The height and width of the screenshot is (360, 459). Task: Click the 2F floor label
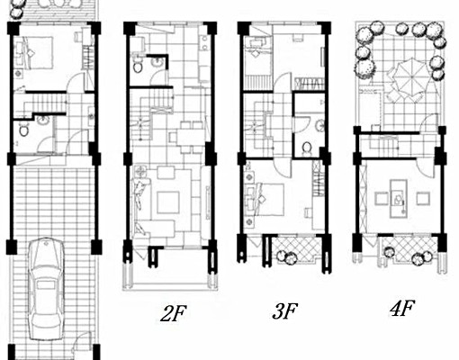174,313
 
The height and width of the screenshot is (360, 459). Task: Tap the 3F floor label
285,311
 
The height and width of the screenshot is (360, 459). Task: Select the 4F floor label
402,308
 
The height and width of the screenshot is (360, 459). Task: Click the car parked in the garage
47,289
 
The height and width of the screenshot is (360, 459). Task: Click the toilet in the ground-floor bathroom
22,130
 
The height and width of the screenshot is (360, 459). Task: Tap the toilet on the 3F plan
307,148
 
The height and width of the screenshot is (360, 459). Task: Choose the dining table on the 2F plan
189,137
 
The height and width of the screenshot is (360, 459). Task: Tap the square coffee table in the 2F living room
168,202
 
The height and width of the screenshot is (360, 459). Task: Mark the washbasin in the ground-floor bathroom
43,121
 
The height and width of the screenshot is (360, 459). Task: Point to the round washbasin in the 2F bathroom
157,62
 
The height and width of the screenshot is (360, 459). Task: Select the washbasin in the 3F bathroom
319,125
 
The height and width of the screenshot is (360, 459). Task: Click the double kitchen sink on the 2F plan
204,43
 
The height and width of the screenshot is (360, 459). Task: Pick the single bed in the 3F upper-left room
257,62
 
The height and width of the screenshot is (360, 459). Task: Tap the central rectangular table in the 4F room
399,198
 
